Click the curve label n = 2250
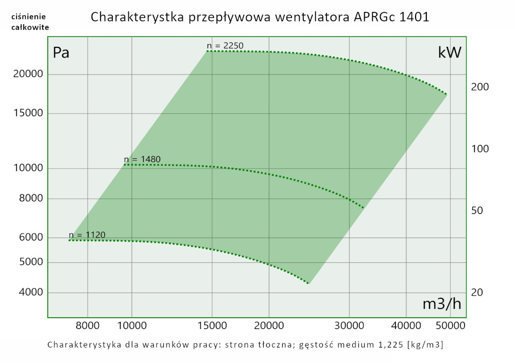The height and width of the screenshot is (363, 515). tap(225, 46)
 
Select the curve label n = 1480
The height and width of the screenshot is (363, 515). tap(142, 159)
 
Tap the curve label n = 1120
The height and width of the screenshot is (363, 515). tap(87, 235)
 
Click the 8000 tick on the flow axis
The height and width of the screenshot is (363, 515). tap(88, 325)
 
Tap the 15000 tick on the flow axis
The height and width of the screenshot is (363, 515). tap(212, 325)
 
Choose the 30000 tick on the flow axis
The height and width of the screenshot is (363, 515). tap(349, 325)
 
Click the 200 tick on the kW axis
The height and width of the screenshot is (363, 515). tap(480, 87)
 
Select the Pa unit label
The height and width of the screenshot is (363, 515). tap(61, 53)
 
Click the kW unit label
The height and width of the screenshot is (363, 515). tap(449, 53)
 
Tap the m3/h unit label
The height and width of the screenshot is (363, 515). tap(442, 304)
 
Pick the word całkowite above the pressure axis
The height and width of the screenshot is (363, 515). tap(30, 27)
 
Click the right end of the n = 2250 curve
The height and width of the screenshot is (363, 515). tap(446, 94)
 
